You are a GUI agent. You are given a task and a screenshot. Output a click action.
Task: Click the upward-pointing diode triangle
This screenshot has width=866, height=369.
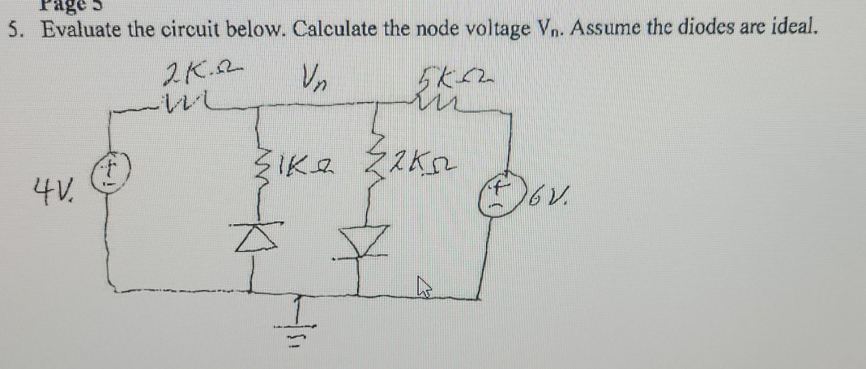click(x=256, y=239)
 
